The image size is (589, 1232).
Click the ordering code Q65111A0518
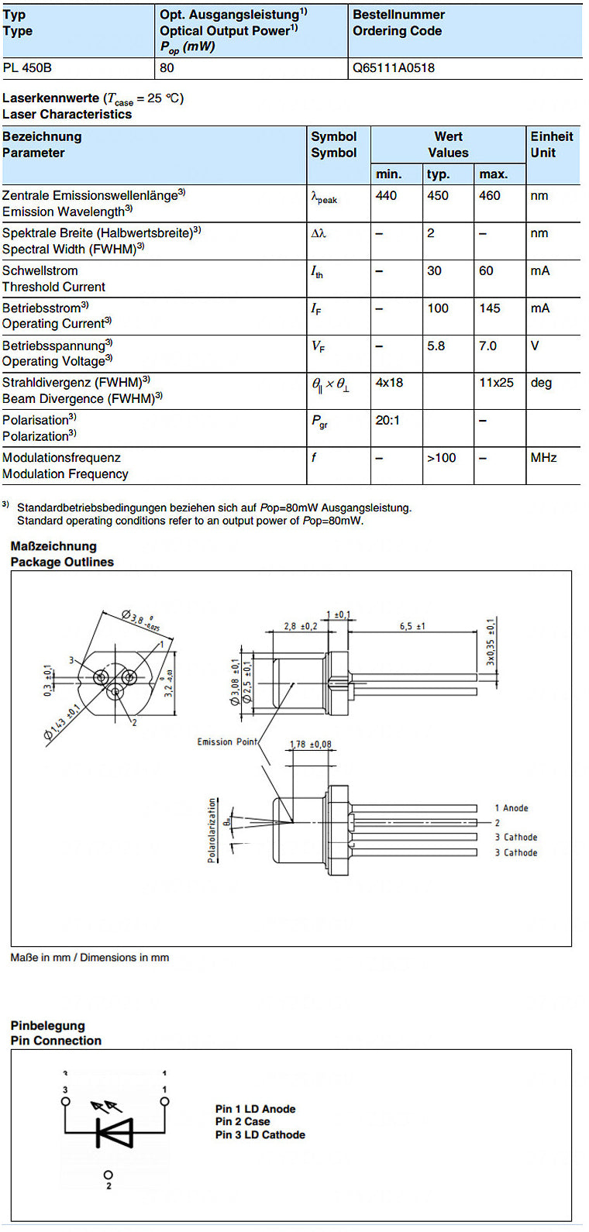coord(393,68)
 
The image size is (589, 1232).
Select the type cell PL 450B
coord(27,68)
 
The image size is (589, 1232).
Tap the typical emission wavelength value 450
coord(437,196)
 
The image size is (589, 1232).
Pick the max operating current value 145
coord(490,308)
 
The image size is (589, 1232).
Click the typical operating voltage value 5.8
coord(436,346)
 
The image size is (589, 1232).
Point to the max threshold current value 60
coord(486,271)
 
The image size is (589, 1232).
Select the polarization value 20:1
coord(387,420)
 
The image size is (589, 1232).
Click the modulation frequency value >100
coord(442,458)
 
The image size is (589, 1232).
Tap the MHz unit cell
coord(543,458)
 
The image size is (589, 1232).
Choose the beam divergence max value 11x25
coord(496,383)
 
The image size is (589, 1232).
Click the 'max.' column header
coord(493,174)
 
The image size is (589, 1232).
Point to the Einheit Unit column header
coord(551,145)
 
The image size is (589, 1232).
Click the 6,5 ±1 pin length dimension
coord(412,626)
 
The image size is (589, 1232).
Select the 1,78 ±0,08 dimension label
coord(310,745)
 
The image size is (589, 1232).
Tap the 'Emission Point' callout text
coord(227,742)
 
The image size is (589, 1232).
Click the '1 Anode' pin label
coord(511,808)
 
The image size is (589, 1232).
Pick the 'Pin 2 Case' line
coord(243,1122)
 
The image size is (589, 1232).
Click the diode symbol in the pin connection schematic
coord(114,1133)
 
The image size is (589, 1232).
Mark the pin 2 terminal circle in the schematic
coord(108,1175)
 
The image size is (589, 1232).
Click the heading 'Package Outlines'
coord(62,563)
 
